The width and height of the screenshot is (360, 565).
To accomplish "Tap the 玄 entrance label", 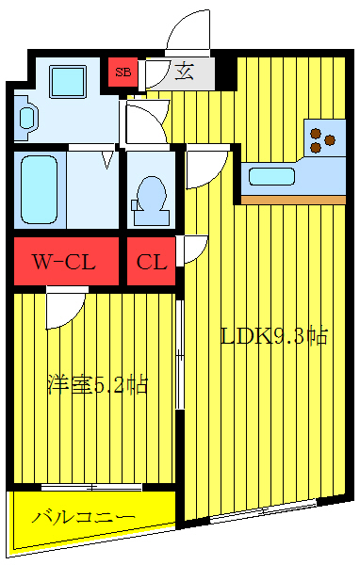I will click(x=185, y=72).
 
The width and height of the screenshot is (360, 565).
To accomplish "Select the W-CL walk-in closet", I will click(x=65, y=262).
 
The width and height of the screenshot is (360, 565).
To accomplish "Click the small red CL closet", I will click(x=151, y=262).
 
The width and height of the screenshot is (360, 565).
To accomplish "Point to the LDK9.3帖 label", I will click(x=273, y=336).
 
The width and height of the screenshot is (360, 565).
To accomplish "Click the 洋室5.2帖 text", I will click(x=97, y=385).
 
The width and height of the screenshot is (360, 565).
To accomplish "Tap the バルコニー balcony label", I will click(x=83, y=517).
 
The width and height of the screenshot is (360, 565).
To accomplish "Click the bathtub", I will click(x=40, y=186).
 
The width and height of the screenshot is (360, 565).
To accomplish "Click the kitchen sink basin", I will click(x=271, y=175).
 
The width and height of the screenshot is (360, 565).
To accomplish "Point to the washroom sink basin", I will click(x=27, y=117).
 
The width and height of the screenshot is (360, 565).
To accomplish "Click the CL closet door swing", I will click(x=193, y=250).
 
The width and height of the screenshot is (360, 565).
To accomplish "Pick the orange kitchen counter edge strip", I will click(x=293, y=200).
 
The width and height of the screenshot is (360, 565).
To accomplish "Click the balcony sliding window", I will click(x=91, y=487).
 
